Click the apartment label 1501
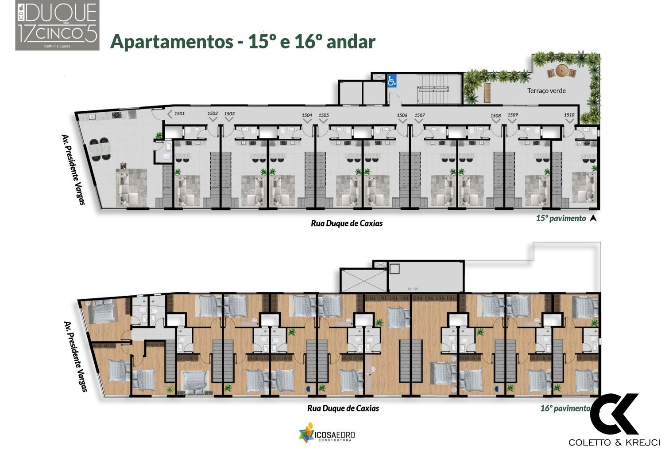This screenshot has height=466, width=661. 179,114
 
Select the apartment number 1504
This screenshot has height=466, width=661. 307,115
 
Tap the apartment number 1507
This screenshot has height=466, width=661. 420,115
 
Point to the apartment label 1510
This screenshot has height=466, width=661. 569,115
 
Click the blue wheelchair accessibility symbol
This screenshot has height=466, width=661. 392,82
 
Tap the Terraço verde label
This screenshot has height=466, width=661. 546,91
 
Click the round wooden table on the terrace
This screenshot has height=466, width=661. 562,70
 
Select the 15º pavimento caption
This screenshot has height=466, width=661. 561,218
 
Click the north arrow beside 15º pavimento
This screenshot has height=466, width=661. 593,218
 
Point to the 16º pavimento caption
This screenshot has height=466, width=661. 565,408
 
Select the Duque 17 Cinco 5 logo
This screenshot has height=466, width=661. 58,25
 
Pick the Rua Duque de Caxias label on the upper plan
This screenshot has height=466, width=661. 347,223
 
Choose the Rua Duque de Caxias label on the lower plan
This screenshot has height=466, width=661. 343,408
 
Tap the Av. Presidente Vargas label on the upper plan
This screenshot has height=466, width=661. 73,169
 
